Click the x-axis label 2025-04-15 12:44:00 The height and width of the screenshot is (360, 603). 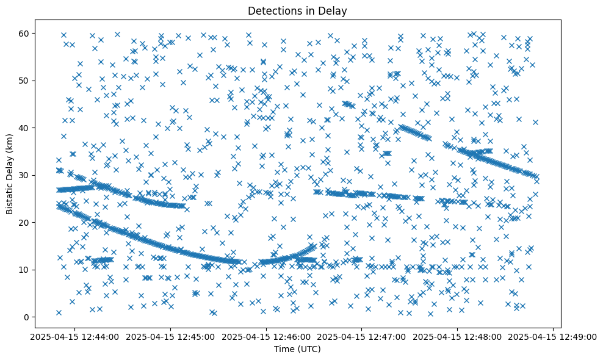tap(75, 336)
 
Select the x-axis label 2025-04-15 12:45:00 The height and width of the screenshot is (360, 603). tap(171, 336)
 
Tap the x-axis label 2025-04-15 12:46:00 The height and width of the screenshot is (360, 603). tap(266, 336)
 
